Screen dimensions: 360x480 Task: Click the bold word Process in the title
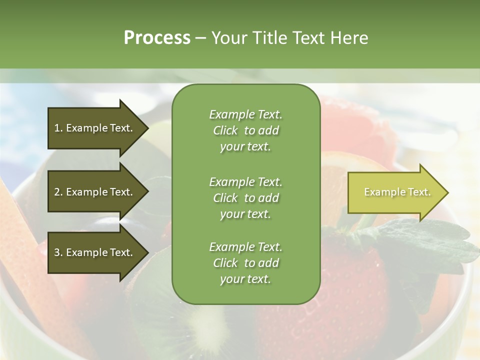[157, 37]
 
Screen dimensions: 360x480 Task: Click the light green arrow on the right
[395, 192]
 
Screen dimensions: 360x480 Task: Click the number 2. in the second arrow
[58, 192]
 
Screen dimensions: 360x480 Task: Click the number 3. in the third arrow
[58, 252]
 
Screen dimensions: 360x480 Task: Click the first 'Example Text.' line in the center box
[245, 114]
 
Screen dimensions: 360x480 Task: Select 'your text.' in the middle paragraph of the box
[245, 214]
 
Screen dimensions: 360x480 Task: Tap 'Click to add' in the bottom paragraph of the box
[245, 263]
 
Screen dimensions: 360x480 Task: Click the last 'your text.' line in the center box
[245, 279]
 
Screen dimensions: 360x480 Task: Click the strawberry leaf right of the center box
[425, 240]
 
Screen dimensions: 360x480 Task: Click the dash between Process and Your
[200, 38]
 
